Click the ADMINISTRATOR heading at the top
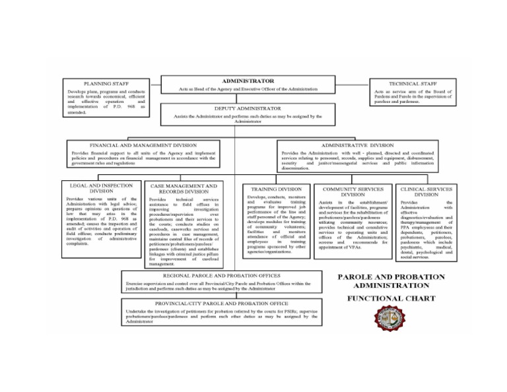248,81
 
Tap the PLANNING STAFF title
106,84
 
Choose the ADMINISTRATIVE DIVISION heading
357,145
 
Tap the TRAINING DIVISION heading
277,188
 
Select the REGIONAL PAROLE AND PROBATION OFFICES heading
219,275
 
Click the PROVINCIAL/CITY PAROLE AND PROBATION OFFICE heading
219,303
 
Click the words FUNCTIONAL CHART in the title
391,298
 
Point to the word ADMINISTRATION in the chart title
391,285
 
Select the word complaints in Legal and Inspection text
79,243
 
